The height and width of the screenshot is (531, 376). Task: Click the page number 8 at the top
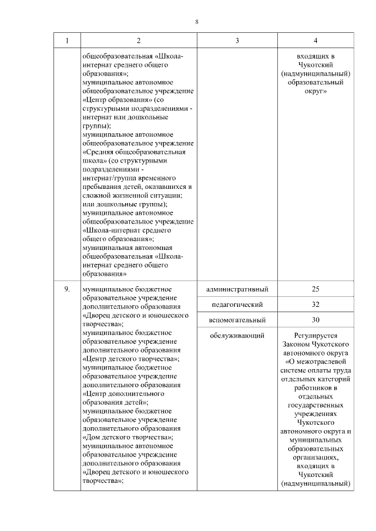[x=197, y=22]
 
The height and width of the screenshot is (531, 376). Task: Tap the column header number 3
[x=237, y=40]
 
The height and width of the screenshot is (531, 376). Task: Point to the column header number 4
[x=316, y=40]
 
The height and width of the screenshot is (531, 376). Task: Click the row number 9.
[x=66, y=289]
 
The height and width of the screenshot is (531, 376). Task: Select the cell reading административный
[x=237, y=289]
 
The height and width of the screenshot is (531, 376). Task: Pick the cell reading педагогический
[x=237, y=305]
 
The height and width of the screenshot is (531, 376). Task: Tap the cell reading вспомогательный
[x=237, y=320]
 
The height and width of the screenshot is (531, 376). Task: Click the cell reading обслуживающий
[x=237, y=335]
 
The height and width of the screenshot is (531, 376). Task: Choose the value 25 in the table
[x=315, y=289]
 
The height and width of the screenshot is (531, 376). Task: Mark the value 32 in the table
[x=315, y=305]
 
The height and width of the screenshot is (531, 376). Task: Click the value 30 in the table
[x=315, y=320]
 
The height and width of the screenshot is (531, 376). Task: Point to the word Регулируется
[x=316, y=335]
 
